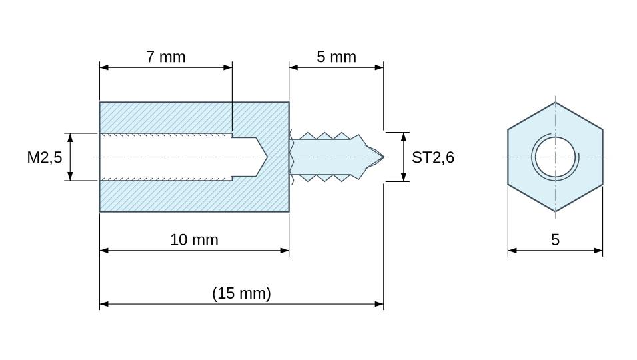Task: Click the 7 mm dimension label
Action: [x=166, y=57]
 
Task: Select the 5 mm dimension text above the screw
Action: [x=336, y=57]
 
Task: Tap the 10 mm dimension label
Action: [x=194, y=240]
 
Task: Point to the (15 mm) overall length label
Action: [x=241, y=293]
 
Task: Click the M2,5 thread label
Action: [x=44, y=157]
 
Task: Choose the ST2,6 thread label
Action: [x=433, y=157]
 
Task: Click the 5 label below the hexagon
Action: [x=555, y=240]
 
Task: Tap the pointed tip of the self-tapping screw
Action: [x=384, y=157]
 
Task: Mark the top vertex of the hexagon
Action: [x=555, y=102]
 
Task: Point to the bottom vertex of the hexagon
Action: [x=555, y=212]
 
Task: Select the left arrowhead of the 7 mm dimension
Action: [x=104, y=67]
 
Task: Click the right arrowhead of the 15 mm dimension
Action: [x=379, y=304]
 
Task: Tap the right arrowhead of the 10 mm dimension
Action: [x=285, y=251]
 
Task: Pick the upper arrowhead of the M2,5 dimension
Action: [x=70, y=138]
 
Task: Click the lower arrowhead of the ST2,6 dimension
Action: [x=404, y=177]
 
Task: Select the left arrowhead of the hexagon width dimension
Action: [x=512, y=251]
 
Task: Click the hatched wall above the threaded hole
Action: [x=194, y=118]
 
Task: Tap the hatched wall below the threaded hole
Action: [x=194, y=196]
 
